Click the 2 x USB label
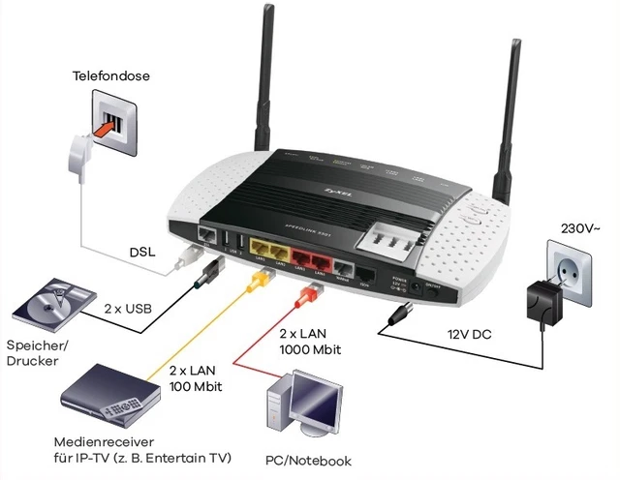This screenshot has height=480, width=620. (129, 311)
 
